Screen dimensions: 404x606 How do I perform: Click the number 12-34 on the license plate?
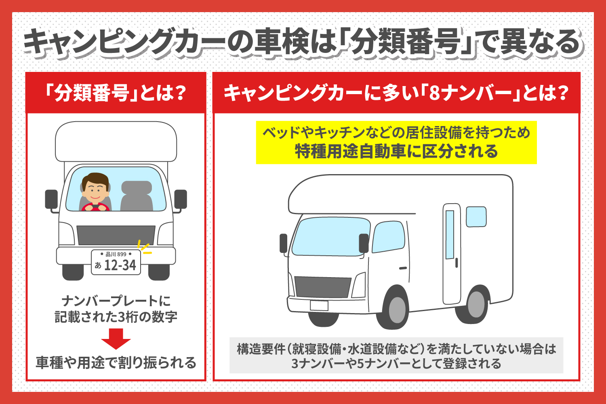[120, 265]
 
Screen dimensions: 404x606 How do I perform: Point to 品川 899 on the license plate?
[116, 254]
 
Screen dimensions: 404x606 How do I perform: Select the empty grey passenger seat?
[137, 196]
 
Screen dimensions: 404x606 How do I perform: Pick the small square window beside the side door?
[476, 217]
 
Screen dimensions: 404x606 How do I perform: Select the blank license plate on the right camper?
[319, 305]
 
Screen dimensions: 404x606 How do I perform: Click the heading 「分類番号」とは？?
[116, 93]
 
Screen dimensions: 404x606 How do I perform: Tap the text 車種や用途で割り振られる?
[116, 362]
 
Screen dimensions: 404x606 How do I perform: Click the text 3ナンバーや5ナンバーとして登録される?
[396, 364]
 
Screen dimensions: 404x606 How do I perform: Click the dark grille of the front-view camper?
[116, 235]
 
